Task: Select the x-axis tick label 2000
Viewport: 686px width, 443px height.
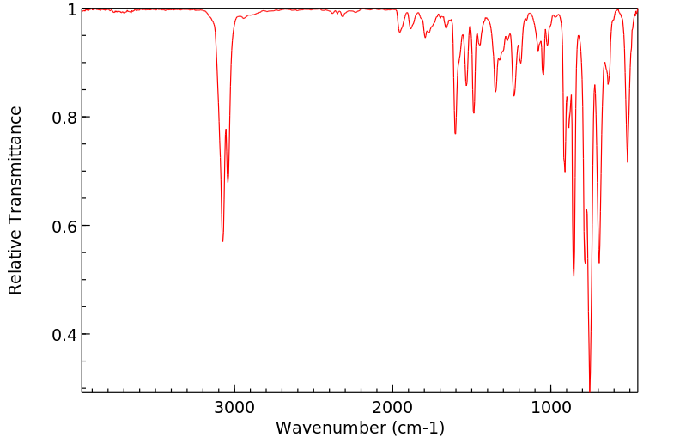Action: pyautogui.click(x=393, y=406)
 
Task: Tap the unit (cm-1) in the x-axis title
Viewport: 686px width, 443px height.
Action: pyautogui.click(x=420, y=428)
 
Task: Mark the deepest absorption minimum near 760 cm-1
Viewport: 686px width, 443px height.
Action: pyautogui.click(x=590, y=388)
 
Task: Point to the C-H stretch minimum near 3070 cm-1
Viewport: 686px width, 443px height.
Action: pyautogui.click(x=222, y=241)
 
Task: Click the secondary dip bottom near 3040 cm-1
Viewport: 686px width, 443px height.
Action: pyautogui.click(x=228, y=182)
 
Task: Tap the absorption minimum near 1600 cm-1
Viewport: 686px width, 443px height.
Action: pyautogui.click(x=455, y=133)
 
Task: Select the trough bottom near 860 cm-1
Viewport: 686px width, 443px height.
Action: pyautogui.click(x=574, y=276)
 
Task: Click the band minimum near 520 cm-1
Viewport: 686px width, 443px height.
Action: pyautogui.click(x=628, y=161)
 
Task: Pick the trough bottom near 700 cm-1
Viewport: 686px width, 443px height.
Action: pyautogui.click(x=599, y=262)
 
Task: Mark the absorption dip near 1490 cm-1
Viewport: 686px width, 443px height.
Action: pyautogui.click(x=474, y=112)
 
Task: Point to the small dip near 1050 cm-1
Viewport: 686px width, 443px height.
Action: pyautogui.click(x=543, y=74)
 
